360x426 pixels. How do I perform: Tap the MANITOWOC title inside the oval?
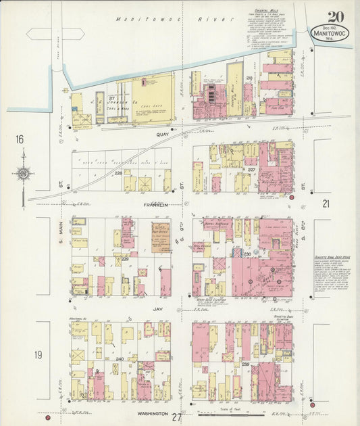330,31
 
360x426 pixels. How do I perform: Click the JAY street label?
158,308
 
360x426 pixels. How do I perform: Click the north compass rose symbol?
23,174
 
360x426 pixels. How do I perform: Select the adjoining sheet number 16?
20,139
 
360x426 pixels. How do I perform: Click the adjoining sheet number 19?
20,354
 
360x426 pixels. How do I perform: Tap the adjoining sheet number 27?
176,417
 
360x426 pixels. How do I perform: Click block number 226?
118,173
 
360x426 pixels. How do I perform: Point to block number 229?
124,259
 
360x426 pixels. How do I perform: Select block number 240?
120,359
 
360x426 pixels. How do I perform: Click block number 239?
246,364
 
